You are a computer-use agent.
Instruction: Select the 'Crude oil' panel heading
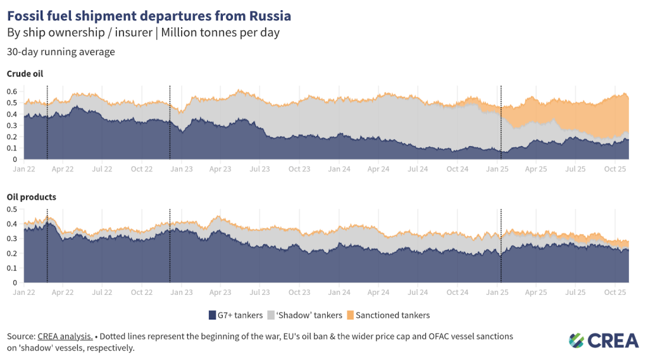pos(25,74)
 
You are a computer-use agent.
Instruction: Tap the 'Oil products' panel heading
pos(31,197)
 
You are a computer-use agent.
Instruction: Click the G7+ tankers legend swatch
pos(213,315)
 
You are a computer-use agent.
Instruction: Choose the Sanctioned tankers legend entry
pos(392,315)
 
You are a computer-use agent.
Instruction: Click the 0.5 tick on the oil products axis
pos(11,209)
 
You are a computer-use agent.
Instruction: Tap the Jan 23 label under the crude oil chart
pos(182,170)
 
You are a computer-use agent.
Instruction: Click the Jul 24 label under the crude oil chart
pos(418,170)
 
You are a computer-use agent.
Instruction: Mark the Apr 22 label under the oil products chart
pos(63,292)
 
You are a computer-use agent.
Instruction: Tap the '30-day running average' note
pos(61,52)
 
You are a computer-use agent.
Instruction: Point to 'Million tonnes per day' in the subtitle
pos(227,32)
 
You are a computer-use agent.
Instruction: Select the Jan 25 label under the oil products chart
pos(497,292)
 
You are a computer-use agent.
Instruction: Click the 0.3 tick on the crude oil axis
pos(11,125)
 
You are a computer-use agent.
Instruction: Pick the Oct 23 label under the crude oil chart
pos(299,170)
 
